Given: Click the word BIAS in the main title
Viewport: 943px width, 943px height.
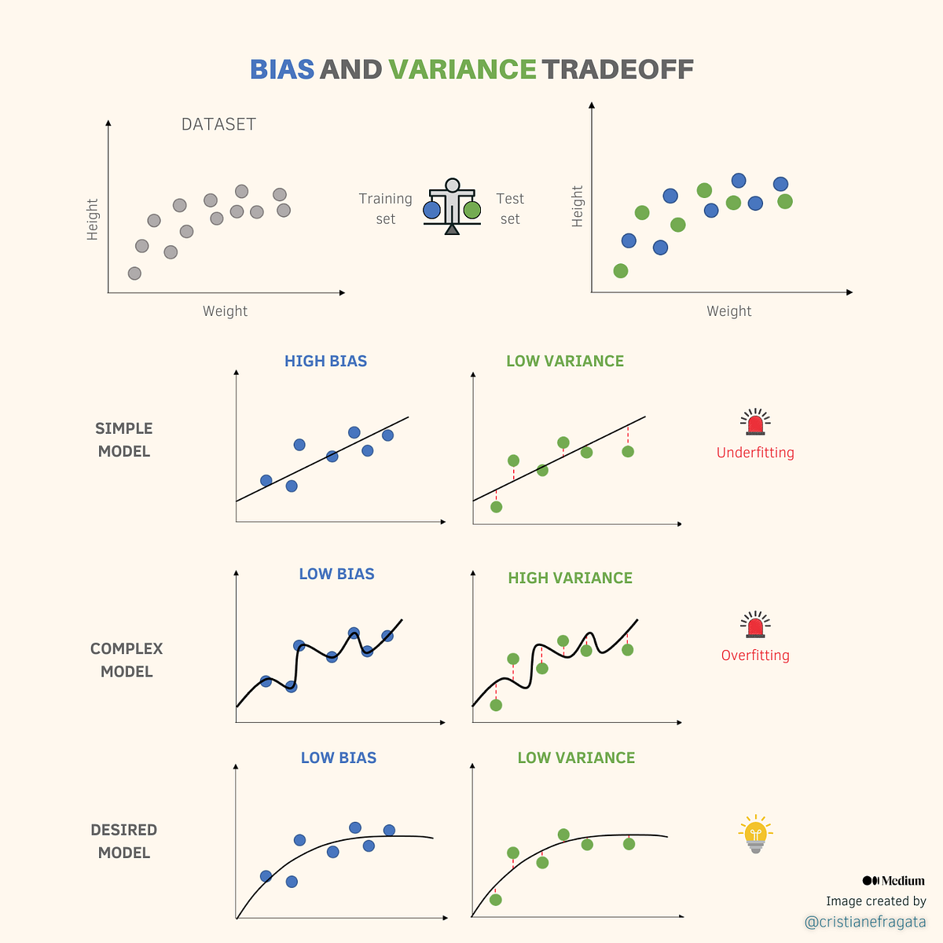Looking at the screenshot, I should [282, 69].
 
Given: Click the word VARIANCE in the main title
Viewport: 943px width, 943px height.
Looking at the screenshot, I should [462, 69].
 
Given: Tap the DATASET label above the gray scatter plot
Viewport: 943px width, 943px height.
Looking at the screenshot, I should [218, 124].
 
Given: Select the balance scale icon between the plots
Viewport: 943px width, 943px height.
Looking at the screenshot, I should [452, 207].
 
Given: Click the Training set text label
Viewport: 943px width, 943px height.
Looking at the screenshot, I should [385, 209].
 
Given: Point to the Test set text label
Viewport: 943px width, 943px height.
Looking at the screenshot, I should [510, 209].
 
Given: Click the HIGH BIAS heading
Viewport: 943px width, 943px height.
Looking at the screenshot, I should [325, 361].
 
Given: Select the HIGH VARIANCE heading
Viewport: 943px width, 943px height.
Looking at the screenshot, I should [570, 578].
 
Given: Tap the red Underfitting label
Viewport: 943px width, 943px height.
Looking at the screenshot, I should [755, 453].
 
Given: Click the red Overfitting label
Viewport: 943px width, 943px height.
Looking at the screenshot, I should [755, 655].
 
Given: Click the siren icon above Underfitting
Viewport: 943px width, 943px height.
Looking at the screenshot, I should [755, 423].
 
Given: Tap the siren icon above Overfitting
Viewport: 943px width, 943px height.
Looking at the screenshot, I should [755, 625].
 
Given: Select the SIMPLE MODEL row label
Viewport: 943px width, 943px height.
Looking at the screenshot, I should [124, 440].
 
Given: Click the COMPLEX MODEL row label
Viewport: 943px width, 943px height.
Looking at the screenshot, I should [127, 660].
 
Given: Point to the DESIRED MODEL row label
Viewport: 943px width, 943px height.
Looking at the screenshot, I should [124, 842].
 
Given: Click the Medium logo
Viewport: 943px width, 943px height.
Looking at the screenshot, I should [893, 881].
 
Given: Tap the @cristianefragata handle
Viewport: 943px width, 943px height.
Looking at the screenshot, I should [865, 922].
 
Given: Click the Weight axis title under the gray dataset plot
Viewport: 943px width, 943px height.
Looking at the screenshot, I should [225, 311].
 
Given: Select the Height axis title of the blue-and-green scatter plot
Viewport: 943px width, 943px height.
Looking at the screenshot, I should [578, 207].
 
